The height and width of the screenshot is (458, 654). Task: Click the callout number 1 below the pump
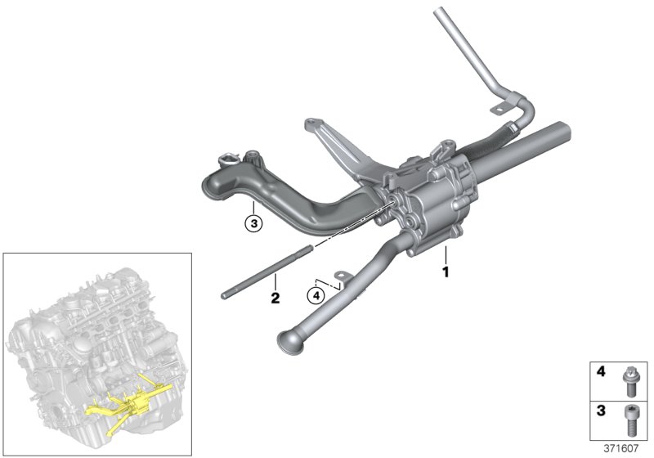point(446,271)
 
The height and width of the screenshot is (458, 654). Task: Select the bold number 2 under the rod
point(275,299)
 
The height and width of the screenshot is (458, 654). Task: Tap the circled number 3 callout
point(254,222)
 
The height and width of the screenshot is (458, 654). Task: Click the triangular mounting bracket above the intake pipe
point(327,147)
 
